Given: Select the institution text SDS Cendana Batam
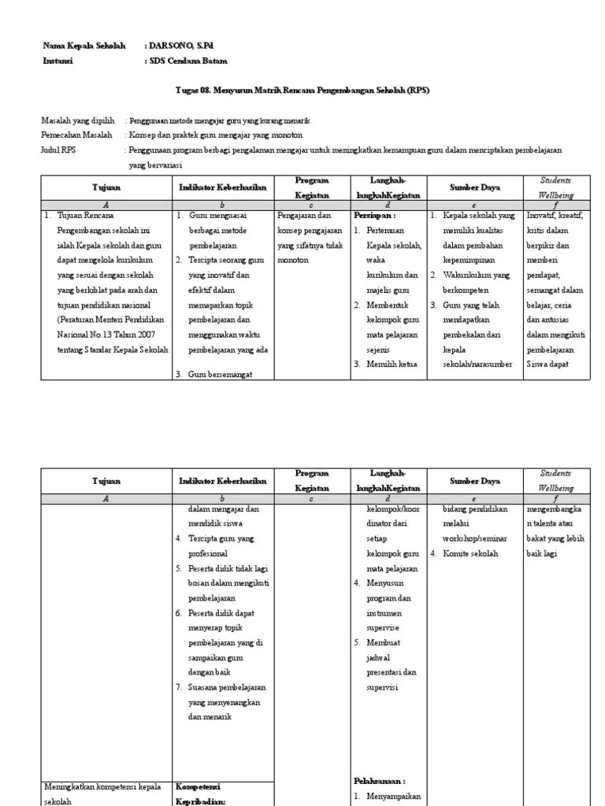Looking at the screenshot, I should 188,61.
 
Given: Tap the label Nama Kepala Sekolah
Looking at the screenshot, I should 84,46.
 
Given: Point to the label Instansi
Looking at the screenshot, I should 58,61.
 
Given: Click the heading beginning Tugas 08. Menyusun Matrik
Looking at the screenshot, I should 302,91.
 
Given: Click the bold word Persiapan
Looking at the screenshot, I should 375,215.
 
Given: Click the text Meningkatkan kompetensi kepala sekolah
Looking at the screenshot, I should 103,793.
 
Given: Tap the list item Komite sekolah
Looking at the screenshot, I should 470,553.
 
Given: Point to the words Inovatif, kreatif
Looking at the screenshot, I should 555,215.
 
